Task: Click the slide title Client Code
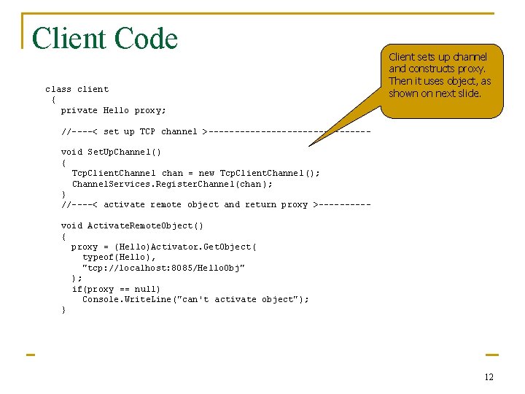[105, 39]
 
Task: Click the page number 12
[489, 377]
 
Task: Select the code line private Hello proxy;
[113, 110]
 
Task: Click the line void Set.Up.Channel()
[111, 152]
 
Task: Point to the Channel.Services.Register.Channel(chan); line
[171, 184]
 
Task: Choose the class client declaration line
[77, 90]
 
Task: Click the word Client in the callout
[401, 56]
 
